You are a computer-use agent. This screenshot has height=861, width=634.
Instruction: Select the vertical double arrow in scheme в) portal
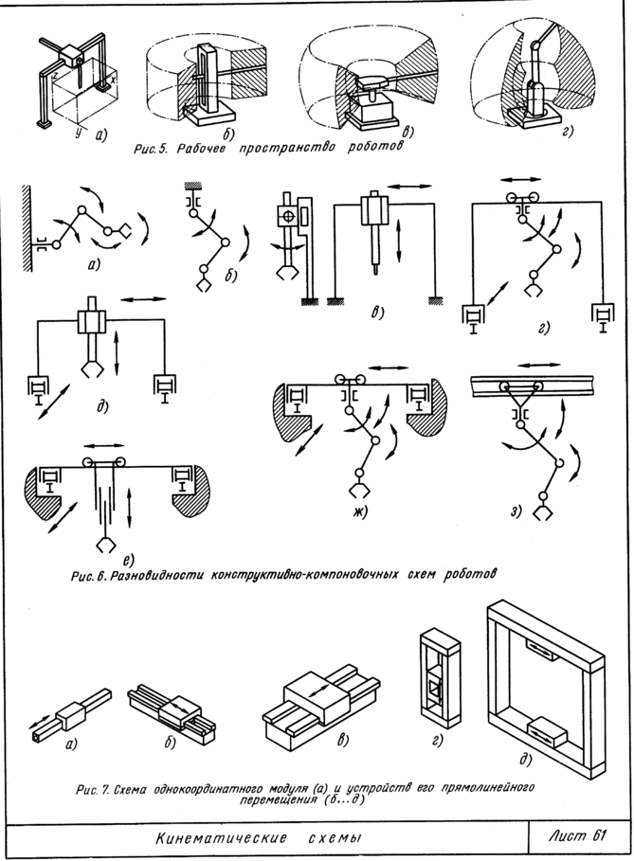[x=399, y=242]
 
